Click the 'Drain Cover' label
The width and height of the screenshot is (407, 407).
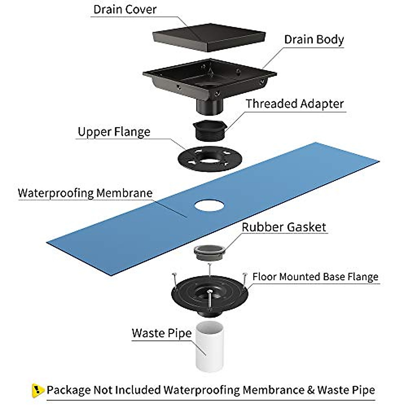click(x=125, y=9)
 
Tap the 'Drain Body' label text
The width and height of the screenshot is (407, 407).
click(x=314, y=40)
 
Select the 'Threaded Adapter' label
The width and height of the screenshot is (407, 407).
click(x=294, y=104)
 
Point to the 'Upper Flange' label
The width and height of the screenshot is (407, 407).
click(x=114, y=132)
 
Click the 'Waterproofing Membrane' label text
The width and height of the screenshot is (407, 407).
click(x=85, y=193)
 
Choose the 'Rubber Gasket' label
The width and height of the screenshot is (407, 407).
click(x=284, y=227)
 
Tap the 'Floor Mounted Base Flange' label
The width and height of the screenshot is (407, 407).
click(x=315, y=277)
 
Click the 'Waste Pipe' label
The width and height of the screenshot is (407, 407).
click(x=161, y=333)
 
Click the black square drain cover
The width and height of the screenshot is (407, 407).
click(x=209, y=37)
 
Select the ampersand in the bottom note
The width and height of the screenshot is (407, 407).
click(x=311, y=390)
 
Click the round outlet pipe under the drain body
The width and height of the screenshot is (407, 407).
click(x=210, y=107)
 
